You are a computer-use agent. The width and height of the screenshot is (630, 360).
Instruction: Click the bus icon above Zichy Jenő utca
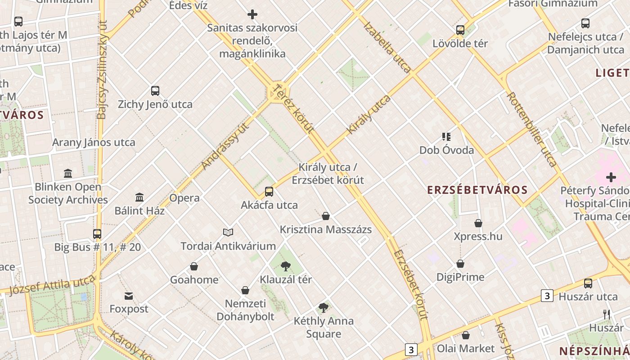pos(155,91)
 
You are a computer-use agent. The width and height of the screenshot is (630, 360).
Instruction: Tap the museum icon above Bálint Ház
pos(139,197)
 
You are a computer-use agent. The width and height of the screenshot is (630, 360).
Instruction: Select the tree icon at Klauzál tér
pos(285,266)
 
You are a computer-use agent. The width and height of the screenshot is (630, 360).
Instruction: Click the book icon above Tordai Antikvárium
pos(228,232)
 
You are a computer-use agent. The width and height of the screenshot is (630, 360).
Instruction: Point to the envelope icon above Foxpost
pos(129,296)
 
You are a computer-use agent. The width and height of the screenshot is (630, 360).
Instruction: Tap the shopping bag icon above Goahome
pos(194,266)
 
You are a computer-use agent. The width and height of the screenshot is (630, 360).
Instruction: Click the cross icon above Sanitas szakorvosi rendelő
pos(252,14)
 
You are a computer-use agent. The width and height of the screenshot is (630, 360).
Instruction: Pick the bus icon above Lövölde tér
pos(460,30)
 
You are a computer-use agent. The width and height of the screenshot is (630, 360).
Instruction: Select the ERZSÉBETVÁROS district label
pos(477,190)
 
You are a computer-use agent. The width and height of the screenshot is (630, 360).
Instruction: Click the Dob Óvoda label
pos(446,150)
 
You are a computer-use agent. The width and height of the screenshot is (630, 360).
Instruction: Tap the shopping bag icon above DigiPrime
pos(460,264)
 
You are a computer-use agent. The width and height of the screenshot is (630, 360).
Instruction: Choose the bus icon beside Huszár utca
pos(588,283)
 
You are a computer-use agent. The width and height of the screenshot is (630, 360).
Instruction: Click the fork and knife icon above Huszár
pos(607,314)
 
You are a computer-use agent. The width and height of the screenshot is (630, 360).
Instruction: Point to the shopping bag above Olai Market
pos(466,335)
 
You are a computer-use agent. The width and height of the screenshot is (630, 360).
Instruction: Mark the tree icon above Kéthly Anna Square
pos(323,308)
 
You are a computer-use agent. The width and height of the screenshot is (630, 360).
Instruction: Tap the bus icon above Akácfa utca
pos(269,192)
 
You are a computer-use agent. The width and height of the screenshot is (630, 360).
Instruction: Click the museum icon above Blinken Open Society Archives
pos(68,173)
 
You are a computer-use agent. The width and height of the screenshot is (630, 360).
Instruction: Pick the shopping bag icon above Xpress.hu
pos(478,223)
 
